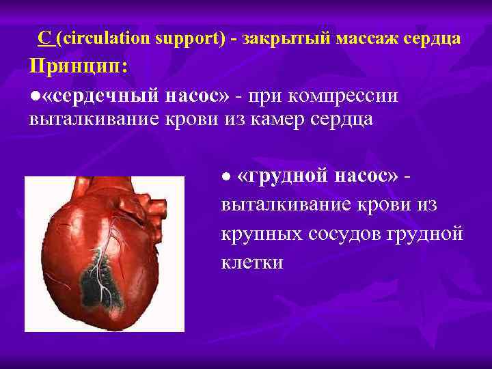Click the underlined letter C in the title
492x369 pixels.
pyautogui.click(x=44, y=38)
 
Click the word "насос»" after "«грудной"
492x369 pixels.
pyautogui.click(x=366, y=176)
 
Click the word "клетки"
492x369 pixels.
pyautogui.click(x=251, y=262)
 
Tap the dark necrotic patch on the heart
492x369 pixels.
pyautogui.click(x=102, y=284)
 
